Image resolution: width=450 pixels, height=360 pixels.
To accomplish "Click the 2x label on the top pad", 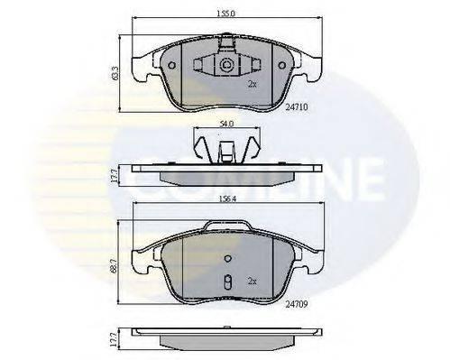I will pos(252,84).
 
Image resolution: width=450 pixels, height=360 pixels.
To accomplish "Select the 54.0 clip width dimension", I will pos(227,123).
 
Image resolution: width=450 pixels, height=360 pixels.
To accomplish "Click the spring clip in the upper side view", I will pos(226,147).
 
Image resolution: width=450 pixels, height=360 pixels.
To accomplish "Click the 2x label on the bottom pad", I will pos(252,282).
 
